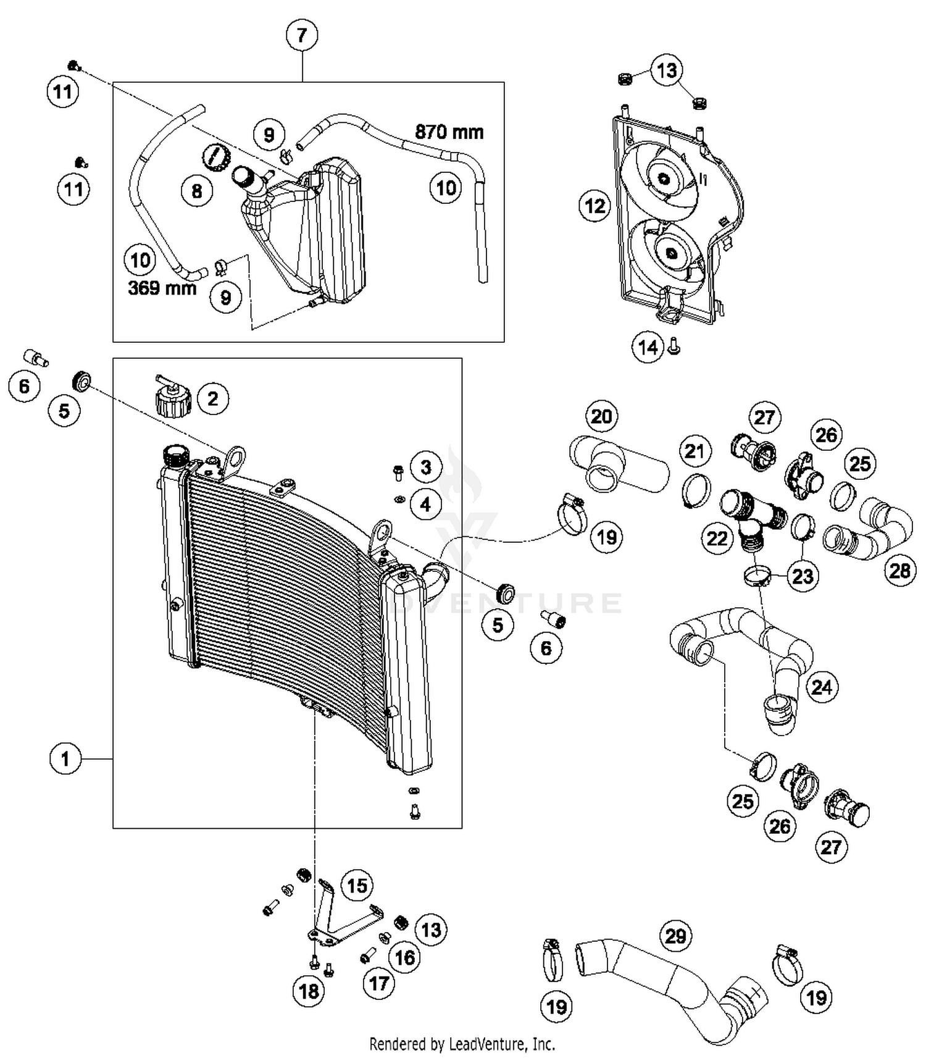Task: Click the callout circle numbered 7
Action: pyautogui.click(x=302, y=35)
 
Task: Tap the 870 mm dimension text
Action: pyautogui.click(x=449, y=132)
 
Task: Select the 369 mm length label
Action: pyautogui.click(x=162, y=287)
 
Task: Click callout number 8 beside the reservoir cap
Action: pyautogui.click(x=197, y=191)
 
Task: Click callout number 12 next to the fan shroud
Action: pyautogui.click(x=595, y=206)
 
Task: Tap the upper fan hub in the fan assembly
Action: pyautogui.click(x=664, y=179)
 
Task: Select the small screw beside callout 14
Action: pyautogui.click(x=674, y=349)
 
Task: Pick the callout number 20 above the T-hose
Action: pyautogui.click(x=601, y=416)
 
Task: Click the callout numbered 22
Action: pyautogui.click(x=717, y=539)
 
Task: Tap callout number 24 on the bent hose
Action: pyautogui.click(x=821, y=687)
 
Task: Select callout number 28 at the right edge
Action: pyautogui.click(x=899, y=570)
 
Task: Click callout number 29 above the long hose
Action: pyautogui.click(x=675, y=936)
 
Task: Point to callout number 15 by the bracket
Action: pyautogui.click(x=357, y=886)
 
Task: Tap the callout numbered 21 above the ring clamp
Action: pyautogui.click(x=694, y=451)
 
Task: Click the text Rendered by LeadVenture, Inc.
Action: pyautogui.click(x=462, y=1044)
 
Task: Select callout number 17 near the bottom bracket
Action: pyautogui.click(x=379, y=983)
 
